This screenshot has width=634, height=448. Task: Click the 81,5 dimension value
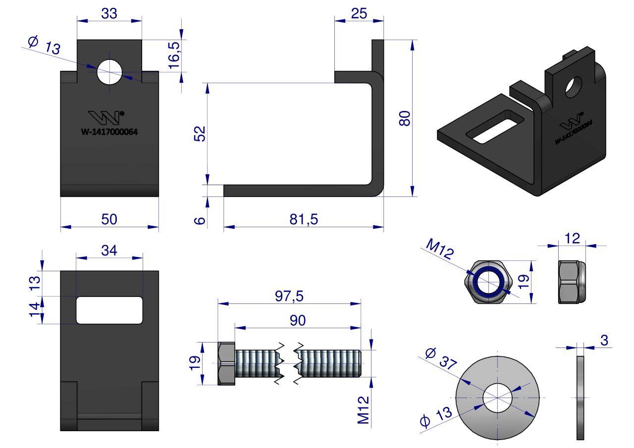[x=304, y=219]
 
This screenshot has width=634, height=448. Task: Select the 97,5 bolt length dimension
[x=290, y=296]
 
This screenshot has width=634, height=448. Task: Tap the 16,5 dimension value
[x=175, y=55]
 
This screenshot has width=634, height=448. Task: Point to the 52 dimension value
[x=199, y=134]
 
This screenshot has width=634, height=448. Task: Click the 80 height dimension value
[x=405, y=119]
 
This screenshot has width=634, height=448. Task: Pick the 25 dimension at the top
[x=359, y=13]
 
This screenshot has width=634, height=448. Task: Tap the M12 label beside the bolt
[x=364, y=409]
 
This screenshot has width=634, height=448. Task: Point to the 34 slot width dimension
[x=109, y=250]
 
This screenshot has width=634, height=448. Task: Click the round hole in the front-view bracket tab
[x=109, y=72]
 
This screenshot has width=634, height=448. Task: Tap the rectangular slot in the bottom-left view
[x=109, y=310]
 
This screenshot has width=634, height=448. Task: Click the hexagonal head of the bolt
[x=226, y=363]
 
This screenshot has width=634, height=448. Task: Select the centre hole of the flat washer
[x=497, y=398]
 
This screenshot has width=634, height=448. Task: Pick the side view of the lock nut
[x=572, y=281]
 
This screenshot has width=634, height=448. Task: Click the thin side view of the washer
[x=580, y=397]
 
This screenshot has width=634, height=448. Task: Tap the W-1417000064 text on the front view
[x=109, y=132]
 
